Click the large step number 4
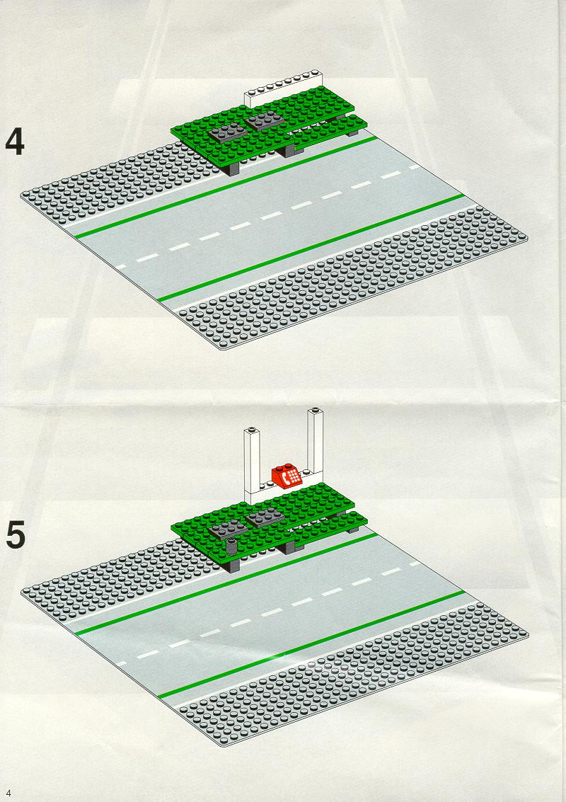(x=15, y=142)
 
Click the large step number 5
(x=16, y=536)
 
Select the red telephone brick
(x=287, y=476)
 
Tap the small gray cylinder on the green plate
(x=231, y=546)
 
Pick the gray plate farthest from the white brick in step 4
(x=228, y=132)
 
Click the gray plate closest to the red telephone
(x=265, y=517)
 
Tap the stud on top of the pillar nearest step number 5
(x=252, y=429)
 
